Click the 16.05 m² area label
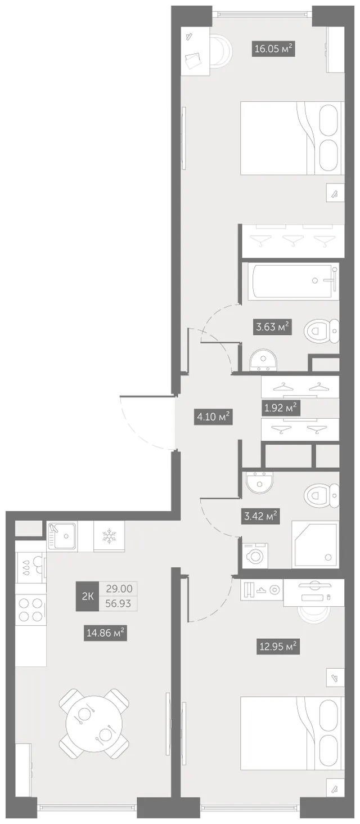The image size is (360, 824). (x=273, y=48)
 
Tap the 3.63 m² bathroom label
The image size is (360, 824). (x=272, y=326)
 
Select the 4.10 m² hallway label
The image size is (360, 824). (x=213, y=417)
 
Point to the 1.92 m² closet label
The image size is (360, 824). (x=281, y=407)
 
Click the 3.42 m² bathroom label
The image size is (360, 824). (x=260, y=516)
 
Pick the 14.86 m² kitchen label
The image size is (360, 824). (x=105, y=633)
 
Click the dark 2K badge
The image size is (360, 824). (x=87, y=596)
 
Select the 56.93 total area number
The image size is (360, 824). (x=118, y=604)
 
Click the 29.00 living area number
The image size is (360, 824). (x=119, y=589)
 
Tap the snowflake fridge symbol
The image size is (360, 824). (x=109, y=536)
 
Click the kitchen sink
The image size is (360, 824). (x=62, y=537)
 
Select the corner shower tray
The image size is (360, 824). (x=314, y=545)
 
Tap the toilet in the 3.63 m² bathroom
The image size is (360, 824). (x=321, y=331)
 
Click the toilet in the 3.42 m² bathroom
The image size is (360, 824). (x=321, y=495)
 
